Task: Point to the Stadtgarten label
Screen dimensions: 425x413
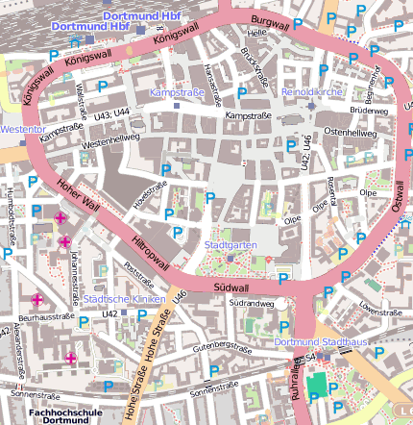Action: (231, 244)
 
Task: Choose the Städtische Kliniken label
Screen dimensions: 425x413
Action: (120, 298)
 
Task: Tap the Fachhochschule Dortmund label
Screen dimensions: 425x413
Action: (60, 416)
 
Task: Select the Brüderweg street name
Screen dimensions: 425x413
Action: (369, 112)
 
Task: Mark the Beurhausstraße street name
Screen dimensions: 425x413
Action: (46, 315)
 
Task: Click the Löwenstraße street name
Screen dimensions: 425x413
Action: (378, 309)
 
